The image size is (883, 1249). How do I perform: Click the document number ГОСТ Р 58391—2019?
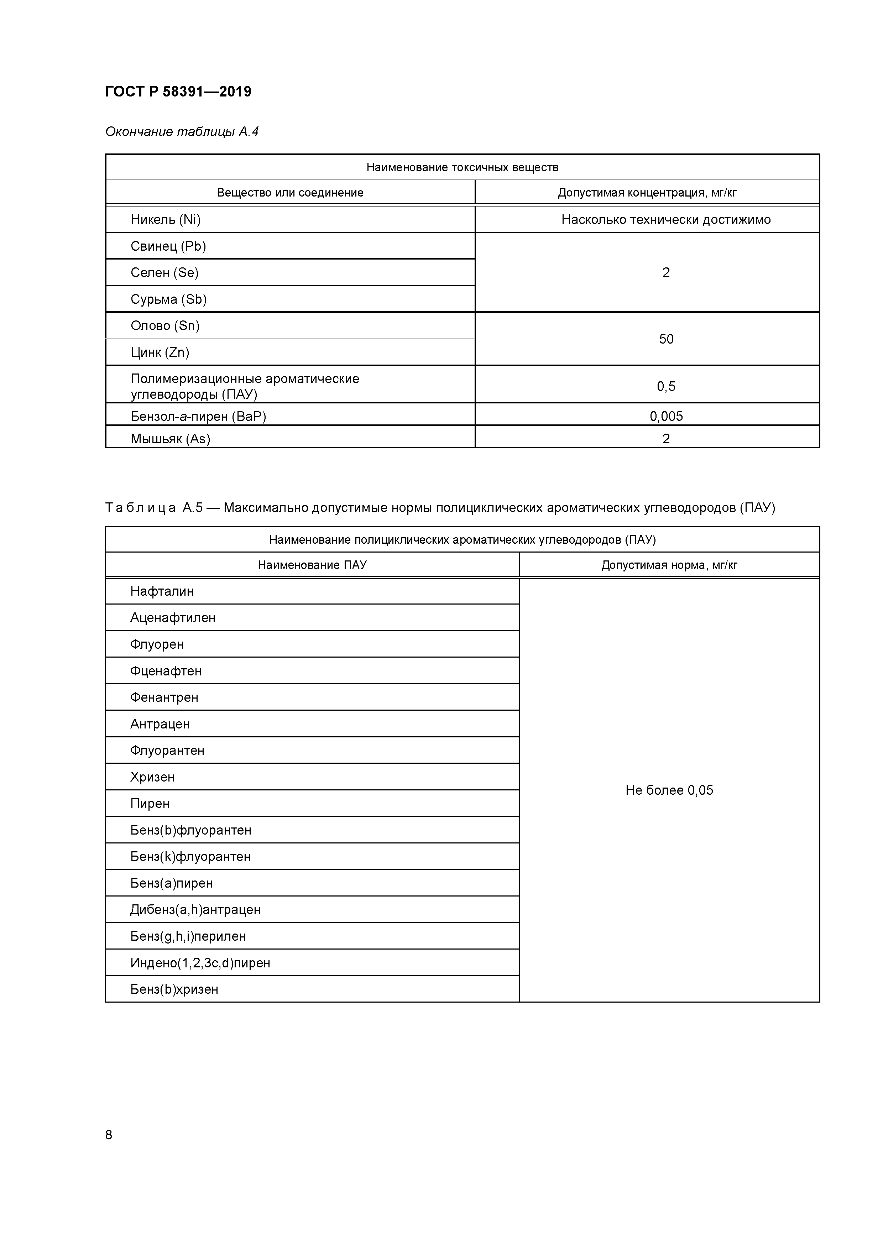[178, 92]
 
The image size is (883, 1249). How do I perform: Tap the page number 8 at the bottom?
[109, 1134]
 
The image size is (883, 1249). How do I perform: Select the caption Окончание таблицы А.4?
[182, 132]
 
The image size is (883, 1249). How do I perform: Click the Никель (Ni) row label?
[166, 219]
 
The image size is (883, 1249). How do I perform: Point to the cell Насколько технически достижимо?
[665, 219]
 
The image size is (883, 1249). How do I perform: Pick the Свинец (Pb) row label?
[168, 246]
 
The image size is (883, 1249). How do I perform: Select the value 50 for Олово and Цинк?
[666, 339]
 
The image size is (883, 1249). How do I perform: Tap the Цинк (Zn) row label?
[160, 352]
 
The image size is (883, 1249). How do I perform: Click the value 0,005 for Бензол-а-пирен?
[666, 416]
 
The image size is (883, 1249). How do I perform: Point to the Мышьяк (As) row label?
[170, 438]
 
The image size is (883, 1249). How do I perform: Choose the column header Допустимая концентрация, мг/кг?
[647, 193]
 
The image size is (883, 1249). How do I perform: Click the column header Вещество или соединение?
[290, 193]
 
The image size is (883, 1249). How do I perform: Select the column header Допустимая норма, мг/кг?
[669, 565]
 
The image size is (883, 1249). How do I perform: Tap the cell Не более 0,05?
[669, 790]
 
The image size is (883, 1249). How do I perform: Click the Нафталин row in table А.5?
[162, 591]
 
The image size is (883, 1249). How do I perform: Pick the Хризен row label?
[152, 777]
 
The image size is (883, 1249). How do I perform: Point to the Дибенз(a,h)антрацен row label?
[195, 910]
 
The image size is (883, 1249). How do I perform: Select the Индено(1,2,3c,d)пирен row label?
[200, 963]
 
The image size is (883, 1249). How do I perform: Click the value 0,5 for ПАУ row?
[666, 386]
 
